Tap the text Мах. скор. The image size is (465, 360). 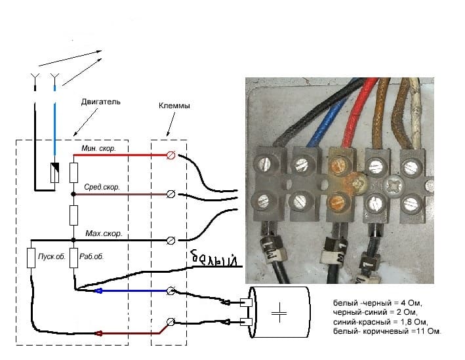tap(104, 233)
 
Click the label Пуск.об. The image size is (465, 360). tap(52, 256)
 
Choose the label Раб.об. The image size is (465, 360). tap(91, 256)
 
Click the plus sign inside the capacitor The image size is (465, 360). tap(279, 313)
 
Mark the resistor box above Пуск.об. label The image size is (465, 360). tap(31, 258)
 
